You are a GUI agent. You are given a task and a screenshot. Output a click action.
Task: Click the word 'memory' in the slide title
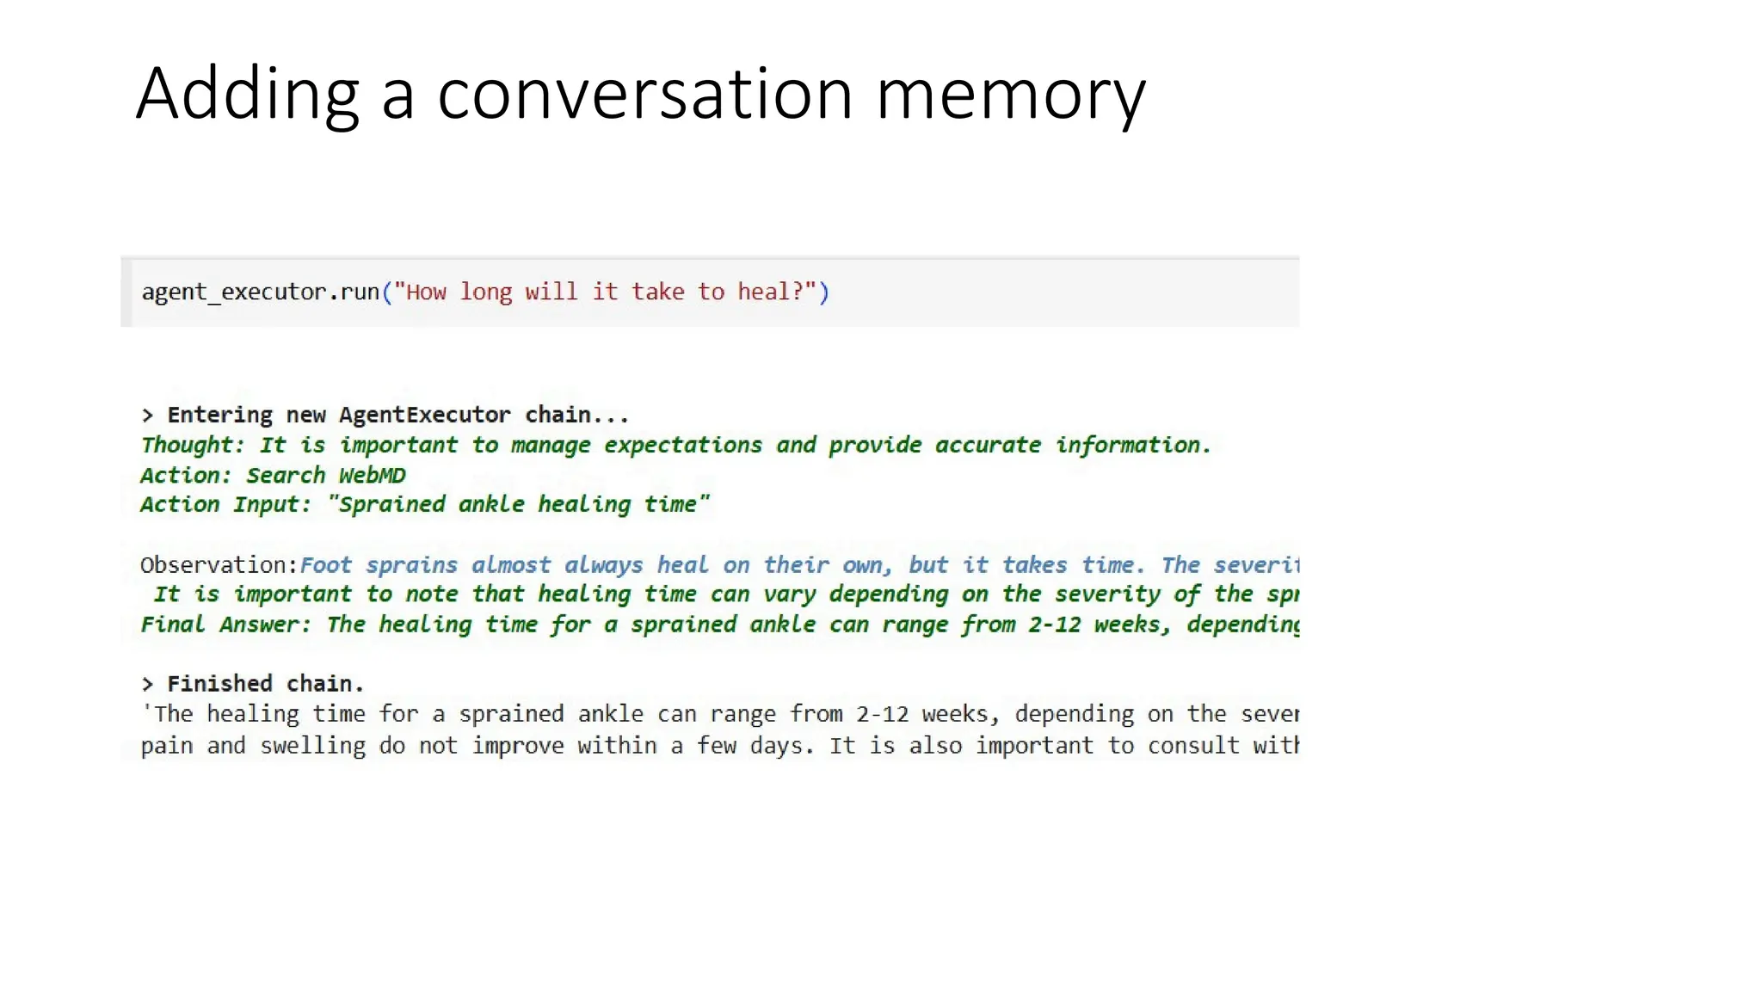pos(1010,95)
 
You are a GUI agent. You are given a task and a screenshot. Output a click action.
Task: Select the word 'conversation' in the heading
pos(645,95)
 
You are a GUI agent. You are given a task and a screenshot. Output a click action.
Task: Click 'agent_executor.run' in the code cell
pos(260,292)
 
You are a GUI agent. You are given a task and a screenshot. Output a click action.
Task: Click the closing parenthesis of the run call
pos(823,292)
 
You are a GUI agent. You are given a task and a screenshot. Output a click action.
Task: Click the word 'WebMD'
pos(372,476)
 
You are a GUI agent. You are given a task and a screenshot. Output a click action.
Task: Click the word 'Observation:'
pos(219,565)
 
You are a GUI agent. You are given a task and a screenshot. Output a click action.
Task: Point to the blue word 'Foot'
pos(325,565)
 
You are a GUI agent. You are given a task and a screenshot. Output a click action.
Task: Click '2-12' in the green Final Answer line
pos(1054,625)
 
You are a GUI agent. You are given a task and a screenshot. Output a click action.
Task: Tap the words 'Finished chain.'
pos(265,684)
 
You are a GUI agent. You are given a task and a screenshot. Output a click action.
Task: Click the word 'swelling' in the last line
pos(312,746)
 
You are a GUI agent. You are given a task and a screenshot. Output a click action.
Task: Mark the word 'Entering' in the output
pos(219,415)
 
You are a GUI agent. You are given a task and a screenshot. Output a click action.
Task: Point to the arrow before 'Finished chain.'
pos(147,684)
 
